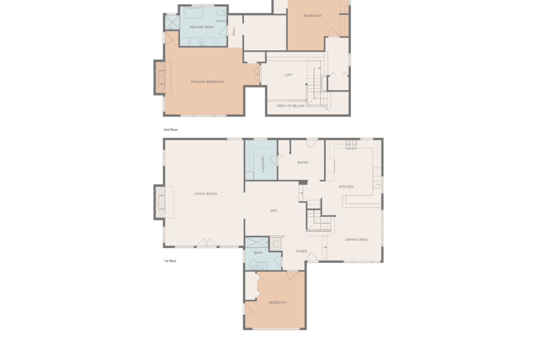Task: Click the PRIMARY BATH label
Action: (x=201, y=27)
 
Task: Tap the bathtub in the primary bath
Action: (x=194, y=13)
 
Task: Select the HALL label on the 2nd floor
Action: (x=234, y=32)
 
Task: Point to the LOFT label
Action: (x=288, y=75)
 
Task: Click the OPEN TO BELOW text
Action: (x=291, y=106)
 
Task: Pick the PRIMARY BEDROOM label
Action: (x=207, y=82)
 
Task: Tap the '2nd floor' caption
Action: (x=171, y=130)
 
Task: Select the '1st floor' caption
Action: (x=170, y=261)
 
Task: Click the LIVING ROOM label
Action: (x=206, y=194)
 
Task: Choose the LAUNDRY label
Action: (x=263, y=164)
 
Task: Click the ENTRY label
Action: (x=303, y=163)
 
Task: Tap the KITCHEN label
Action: (x=346, y=187)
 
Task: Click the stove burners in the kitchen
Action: (x=352, y=145)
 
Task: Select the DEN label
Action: (x=274, y=211)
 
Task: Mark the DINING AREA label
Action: (x=357, y=239)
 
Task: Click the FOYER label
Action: (x=302, y=251)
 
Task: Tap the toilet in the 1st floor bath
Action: (x=253, y=264)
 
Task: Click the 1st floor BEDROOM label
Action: (x=277, y=303)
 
